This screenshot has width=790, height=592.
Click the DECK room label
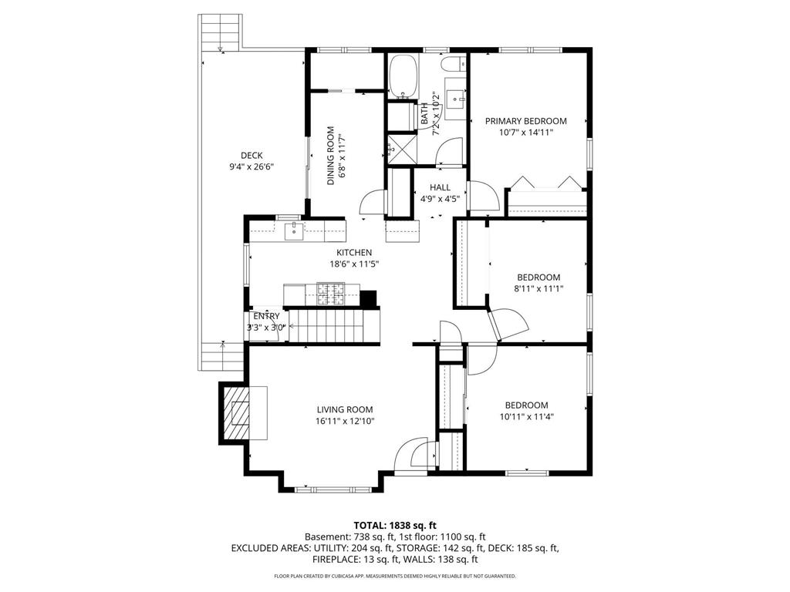252,156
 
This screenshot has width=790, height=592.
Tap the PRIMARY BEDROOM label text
525,121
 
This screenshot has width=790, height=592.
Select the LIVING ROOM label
345,410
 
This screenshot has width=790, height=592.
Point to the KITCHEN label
354,253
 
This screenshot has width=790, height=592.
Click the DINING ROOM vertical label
331,156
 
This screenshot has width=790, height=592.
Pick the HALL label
441,188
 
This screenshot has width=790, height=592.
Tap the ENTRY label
266,316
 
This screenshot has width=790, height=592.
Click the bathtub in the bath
403,76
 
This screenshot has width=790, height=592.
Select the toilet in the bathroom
454,64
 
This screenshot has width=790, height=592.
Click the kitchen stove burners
330,294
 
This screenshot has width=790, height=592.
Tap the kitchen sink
294,231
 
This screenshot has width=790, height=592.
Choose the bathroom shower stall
401,148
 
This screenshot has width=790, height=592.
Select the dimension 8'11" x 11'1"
538,289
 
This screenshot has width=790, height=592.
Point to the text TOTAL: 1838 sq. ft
395,526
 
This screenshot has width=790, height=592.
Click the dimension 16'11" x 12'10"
345,422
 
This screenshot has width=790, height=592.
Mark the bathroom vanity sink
456,99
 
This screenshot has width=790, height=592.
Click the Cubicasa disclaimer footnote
395,576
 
